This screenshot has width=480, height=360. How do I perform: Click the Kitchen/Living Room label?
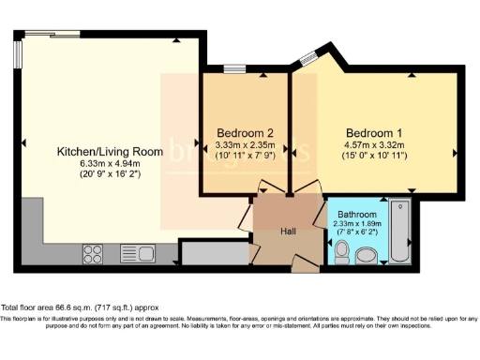[x=110, y=151]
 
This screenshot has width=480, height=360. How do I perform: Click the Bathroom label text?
[x=357, y=215]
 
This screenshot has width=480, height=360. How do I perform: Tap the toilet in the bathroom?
[x=342, y=251]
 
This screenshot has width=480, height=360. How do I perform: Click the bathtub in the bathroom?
[x=400, y=232]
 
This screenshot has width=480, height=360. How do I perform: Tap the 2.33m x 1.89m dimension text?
[x=357, y=225]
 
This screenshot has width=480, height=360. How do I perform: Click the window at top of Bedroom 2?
[x=234, y=68]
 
